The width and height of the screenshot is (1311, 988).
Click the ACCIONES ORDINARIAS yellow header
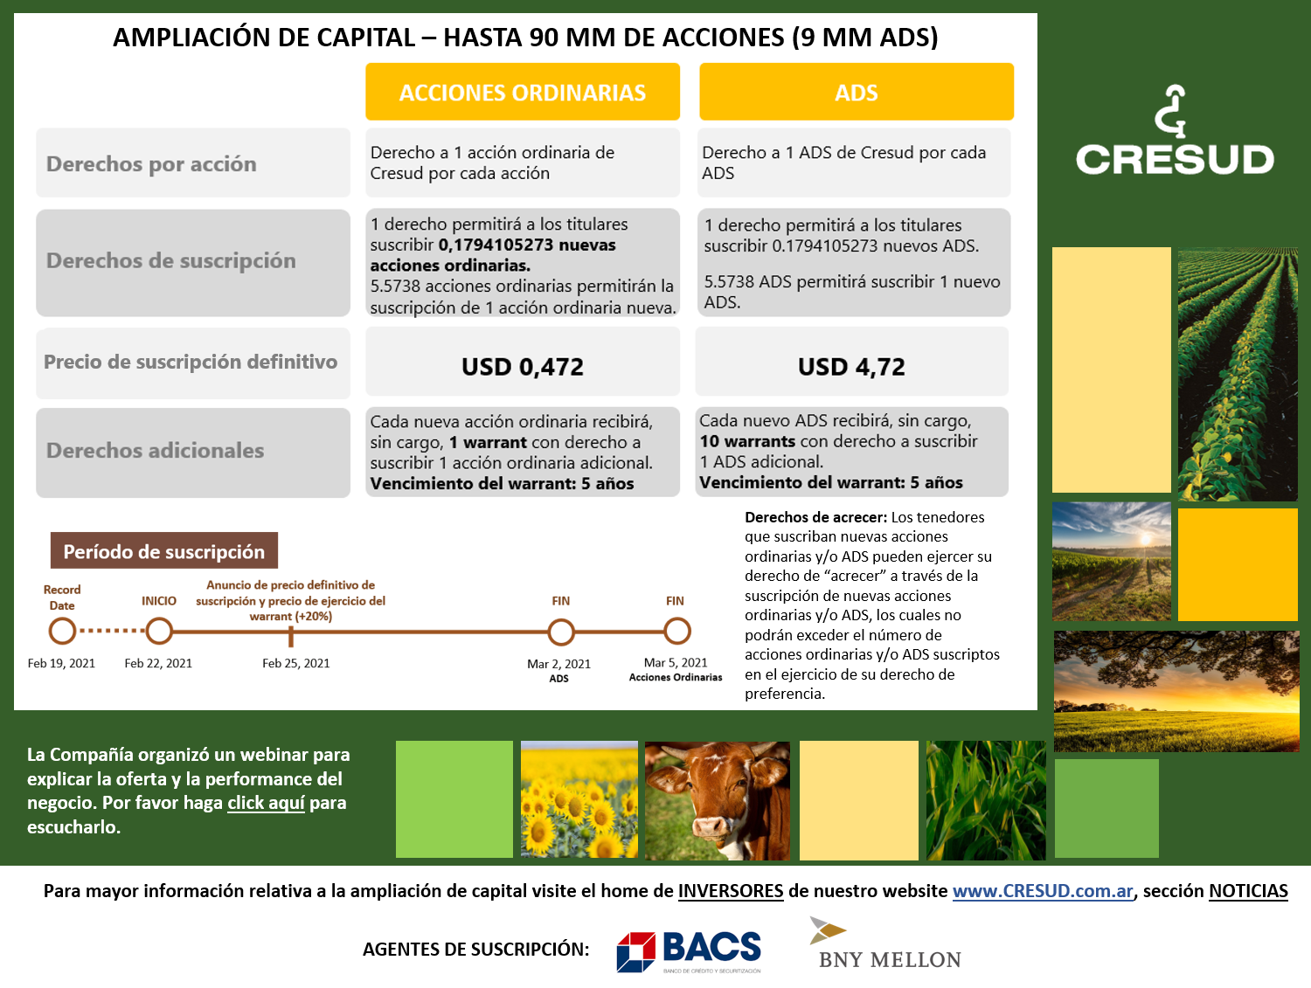click(x=522, y=92)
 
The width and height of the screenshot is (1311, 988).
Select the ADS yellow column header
click(x=856, y=92)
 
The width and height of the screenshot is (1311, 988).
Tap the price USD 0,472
click(x=522, y=366)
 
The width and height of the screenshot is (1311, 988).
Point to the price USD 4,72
click(x=851, y=366)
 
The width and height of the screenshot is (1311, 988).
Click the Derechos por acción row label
click(x=151, y=163)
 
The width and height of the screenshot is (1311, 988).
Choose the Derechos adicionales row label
click(x=155, y=450)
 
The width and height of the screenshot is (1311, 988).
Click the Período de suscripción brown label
click(x=163, y=551)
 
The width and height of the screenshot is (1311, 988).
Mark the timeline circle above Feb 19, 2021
click(x=62, y=631)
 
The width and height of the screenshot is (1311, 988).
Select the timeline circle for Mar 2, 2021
click(x=560, y=632)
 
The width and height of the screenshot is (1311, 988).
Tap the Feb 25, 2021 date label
click(x=295, y=663)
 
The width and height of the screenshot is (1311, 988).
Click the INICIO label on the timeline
click(x=159, y=601)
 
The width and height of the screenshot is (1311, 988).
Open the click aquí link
click(x=266, y=803)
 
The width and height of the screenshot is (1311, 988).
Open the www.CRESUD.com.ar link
click(x=1042, y=891)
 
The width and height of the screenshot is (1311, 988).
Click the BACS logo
click(x=689, y=950)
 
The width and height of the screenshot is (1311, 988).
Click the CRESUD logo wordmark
click(x=1174, y=159)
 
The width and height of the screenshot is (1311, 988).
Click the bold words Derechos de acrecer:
click(x=815, y=517)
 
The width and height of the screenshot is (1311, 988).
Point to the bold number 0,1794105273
click(x=496, y=245)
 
